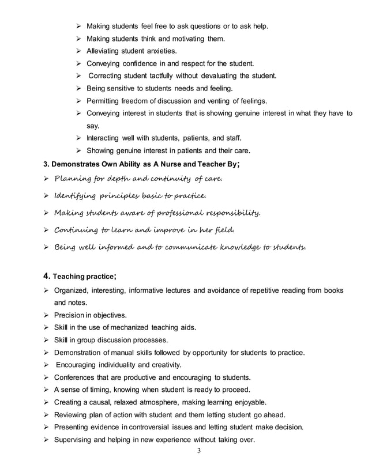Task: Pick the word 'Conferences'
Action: coord(77,377)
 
